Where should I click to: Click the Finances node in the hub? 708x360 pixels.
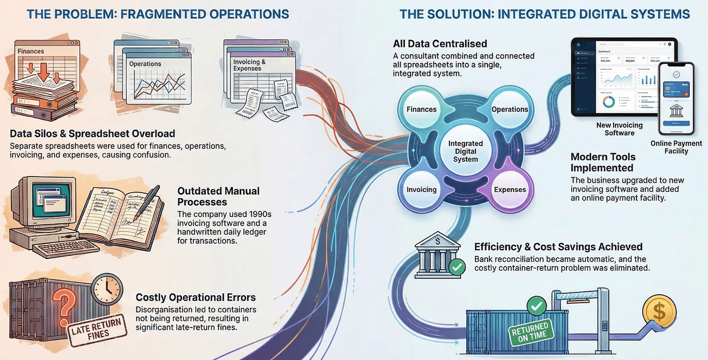tap(421, 109)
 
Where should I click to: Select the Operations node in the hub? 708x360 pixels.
tap(509, 109)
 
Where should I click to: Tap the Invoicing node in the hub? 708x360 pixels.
tap(421, 190)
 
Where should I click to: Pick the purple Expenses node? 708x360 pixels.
tap(509, 190)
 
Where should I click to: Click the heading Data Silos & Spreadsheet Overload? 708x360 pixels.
tap(93, 134)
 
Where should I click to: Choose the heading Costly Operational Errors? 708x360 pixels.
tap(196, 297)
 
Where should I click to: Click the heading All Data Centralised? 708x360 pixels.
tap(440, 44)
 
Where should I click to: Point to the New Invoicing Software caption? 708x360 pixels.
tap(619, 129)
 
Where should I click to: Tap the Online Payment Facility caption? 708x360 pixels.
tap(676, 147)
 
